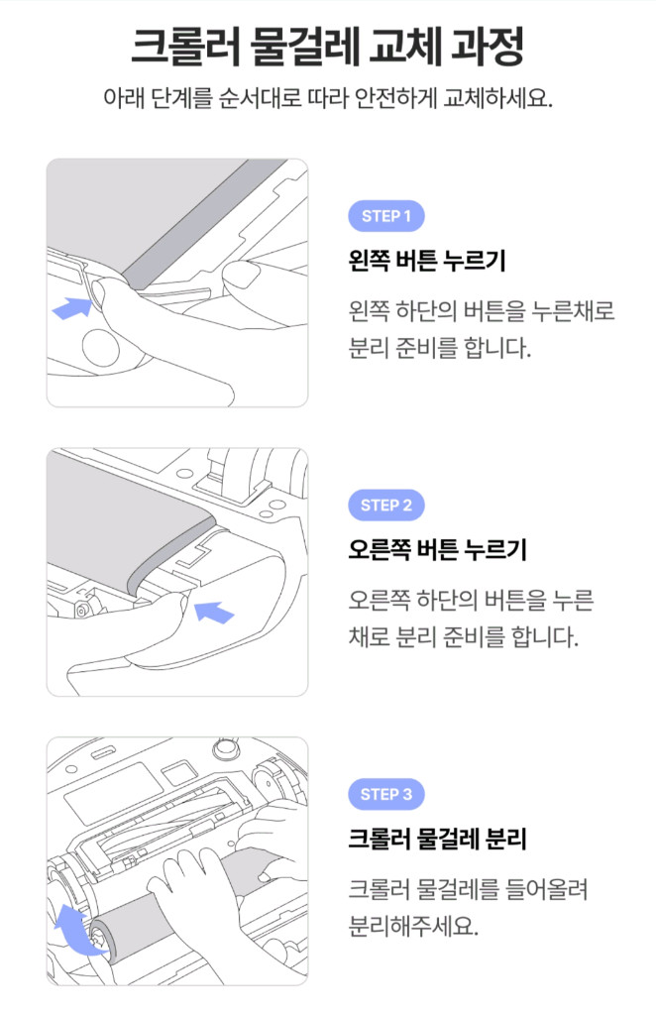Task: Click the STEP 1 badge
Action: pos(385,216)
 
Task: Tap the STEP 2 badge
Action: pos(385,506)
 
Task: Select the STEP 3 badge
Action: pos(385,795)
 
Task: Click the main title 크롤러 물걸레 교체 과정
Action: pos(327,47)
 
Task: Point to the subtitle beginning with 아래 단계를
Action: pos(327,101)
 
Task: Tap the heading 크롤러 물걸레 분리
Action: pos(437,841)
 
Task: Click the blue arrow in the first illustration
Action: pos(70,307)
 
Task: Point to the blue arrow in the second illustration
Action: pos(214,612)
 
